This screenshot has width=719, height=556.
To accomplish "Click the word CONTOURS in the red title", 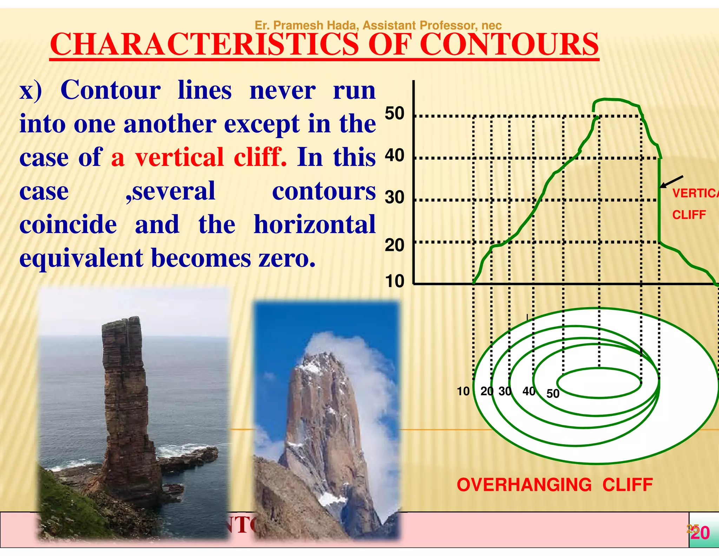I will point(509,45).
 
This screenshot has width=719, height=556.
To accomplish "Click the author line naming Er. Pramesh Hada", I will point(378,25).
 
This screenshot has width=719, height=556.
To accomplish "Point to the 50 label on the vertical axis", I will point(395,114).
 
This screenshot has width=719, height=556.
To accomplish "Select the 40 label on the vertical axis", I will point(395,155).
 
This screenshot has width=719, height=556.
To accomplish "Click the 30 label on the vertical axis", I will point(395,198).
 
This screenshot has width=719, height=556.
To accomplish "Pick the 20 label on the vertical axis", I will point(395,245).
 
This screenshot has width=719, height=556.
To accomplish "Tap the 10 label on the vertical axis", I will point(395,281).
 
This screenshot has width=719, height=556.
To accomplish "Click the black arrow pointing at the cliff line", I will point(671,182).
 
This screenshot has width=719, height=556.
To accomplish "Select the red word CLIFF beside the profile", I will point(689,214).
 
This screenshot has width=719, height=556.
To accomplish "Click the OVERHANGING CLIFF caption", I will point(555,485).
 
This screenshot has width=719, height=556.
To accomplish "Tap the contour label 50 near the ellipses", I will point(553,394).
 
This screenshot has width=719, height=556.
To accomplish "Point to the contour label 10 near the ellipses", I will point(463,391).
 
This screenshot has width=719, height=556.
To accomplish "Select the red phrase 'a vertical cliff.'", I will point(199,157).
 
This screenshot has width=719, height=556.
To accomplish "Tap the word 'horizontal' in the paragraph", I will point(315,225).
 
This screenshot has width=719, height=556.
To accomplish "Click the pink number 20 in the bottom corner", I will point(701,533).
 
